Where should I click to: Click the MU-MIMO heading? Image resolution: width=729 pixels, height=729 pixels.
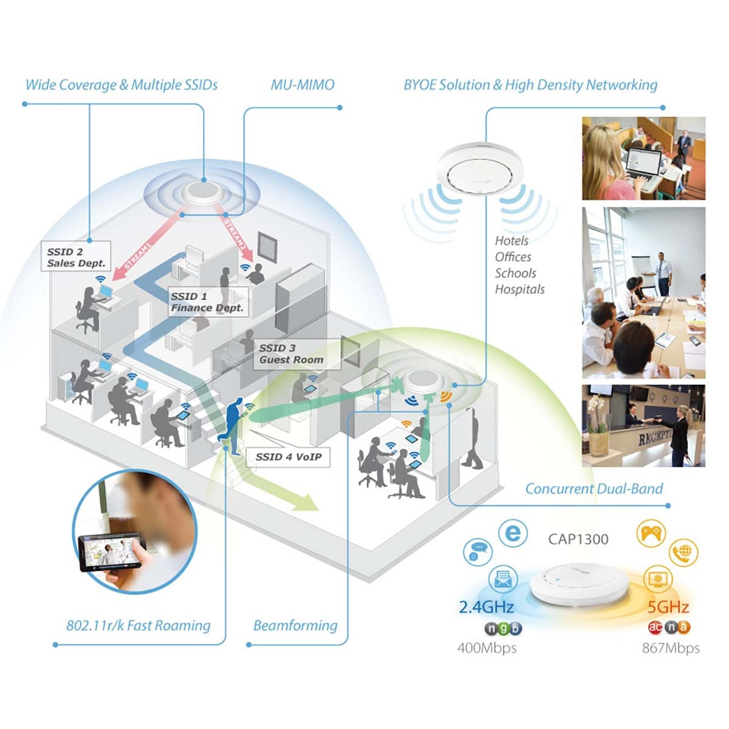(302, 84)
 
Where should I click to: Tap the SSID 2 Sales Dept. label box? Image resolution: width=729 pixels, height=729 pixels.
(77, 258)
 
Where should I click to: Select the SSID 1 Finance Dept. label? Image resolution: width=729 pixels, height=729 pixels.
(207, 302)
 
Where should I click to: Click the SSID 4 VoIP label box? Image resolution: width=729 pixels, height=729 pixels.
(288, 457)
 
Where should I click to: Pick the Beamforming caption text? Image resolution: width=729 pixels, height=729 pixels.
(295, 625)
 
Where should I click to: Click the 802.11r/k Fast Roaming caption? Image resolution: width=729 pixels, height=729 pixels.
(138, 625)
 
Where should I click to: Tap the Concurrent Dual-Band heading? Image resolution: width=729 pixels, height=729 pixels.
(594, 488)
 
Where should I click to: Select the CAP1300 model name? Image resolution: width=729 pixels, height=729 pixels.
(578, 539)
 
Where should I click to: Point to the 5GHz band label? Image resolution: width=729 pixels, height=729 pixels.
(668, 606)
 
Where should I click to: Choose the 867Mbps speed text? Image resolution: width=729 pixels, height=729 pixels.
(671, 648)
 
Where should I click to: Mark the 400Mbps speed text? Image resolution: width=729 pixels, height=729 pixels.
(487, 648)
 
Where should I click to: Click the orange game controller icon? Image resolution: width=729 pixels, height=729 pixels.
(651, 534)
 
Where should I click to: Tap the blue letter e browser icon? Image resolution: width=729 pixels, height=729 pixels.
(513, 533)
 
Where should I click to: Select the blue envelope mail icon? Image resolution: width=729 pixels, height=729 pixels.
(502, 580)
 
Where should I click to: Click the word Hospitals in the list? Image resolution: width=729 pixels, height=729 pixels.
(519, 289)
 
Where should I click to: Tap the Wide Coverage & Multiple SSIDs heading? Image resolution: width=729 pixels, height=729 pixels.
(122, 84)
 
